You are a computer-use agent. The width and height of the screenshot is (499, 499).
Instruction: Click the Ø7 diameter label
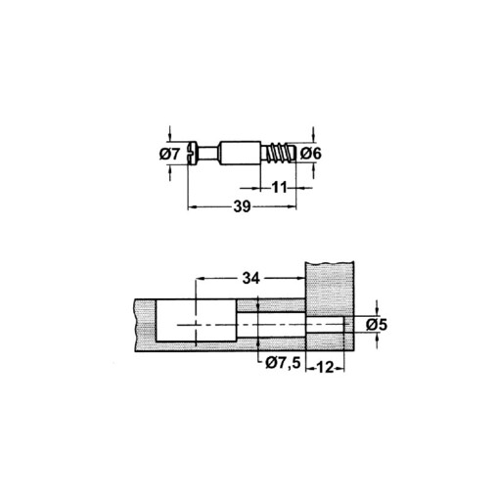167,154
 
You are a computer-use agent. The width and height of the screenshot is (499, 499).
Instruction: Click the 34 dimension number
251,280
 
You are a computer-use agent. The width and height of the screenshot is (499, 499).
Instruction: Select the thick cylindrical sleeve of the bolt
242,154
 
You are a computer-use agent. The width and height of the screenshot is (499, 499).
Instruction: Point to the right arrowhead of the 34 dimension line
304,280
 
